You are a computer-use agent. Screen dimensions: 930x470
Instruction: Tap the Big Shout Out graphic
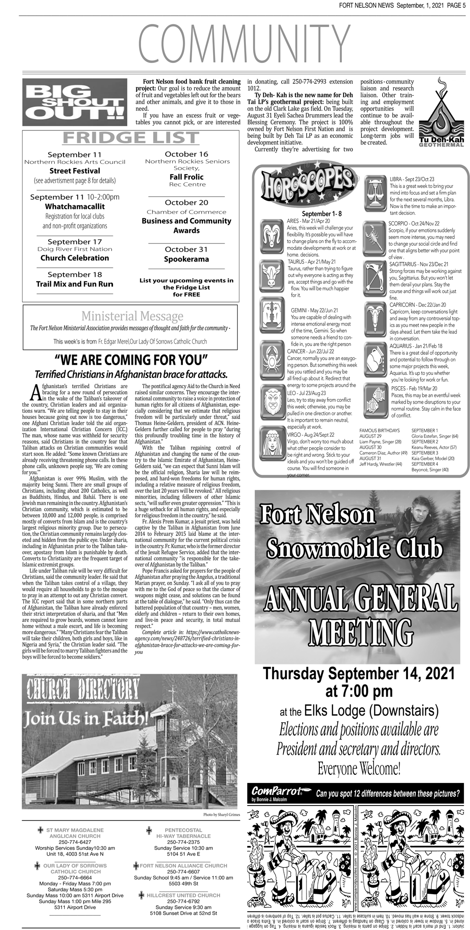click(75, 102)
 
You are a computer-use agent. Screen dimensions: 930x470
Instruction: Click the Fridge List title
click(130, 138)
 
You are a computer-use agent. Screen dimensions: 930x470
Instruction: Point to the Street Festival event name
click(75, 171)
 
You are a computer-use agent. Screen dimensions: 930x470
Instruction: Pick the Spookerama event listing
click(187, 259)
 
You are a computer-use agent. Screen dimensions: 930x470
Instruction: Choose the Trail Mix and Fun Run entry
click(75, 284)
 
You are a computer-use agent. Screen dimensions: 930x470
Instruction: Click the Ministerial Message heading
click(132, 316)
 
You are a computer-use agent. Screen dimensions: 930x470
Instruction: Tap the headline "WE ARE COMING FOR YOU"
click(131, 359)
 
